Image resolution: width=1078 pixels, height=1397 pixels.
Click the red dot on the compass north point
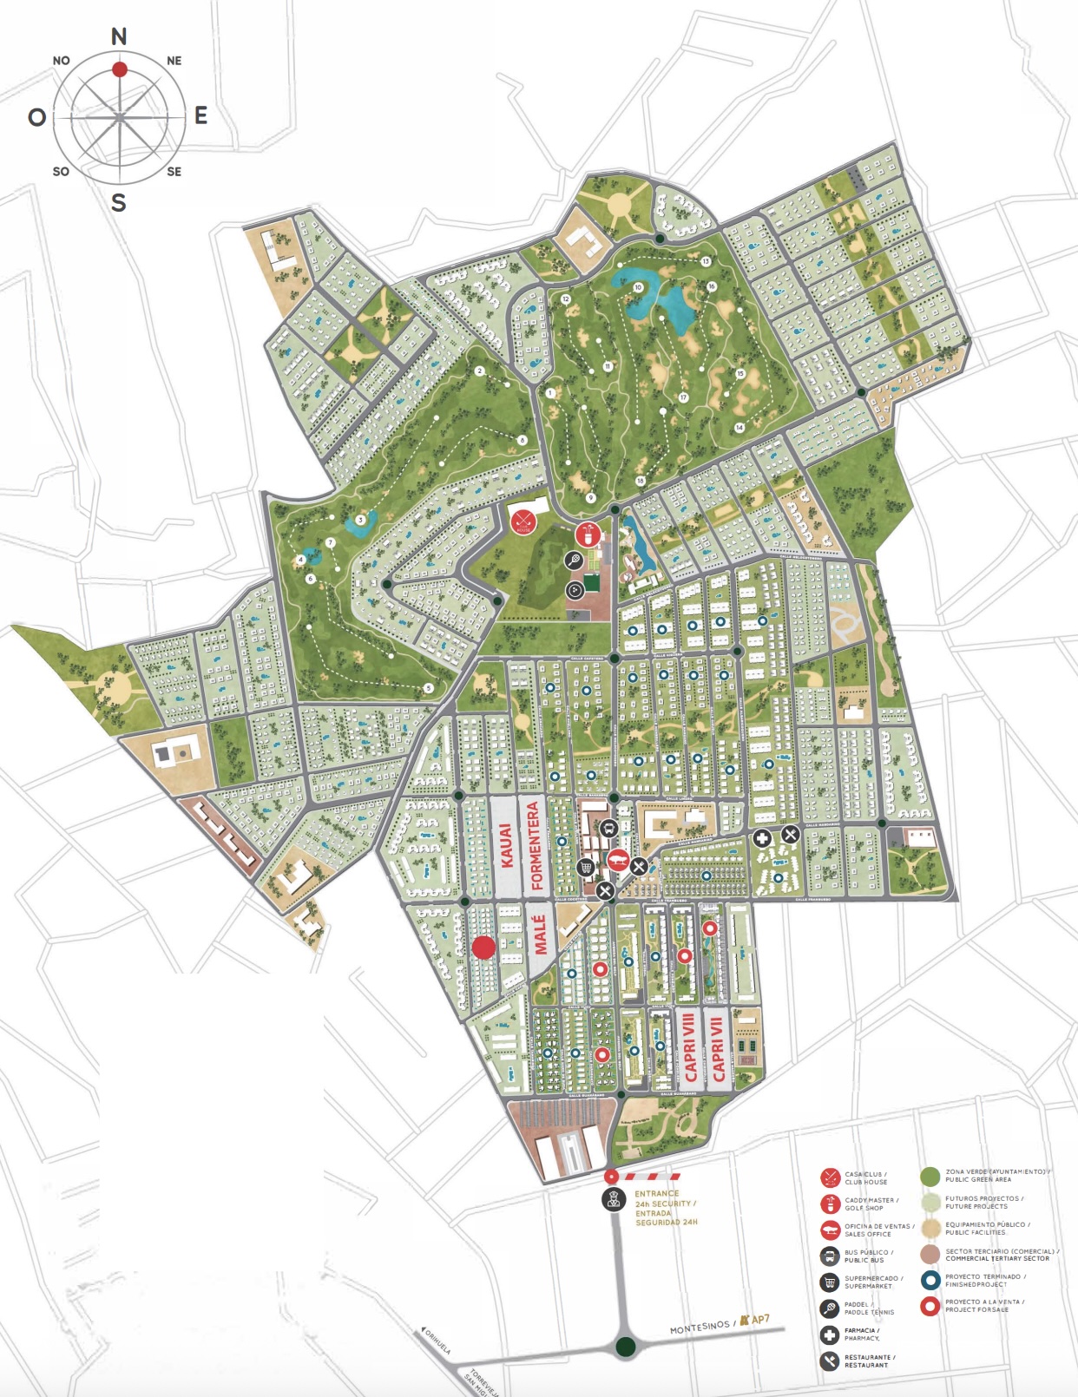(x=120, y=69)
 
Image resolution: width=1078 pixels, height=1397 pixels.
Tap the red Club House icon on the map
(x=523, y=521)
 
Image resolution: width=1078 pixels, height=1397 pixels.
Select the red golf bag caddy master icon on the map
(x=588, y=534)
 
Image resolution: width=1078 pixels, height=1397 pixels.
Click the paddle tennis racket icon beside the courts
(x=574, y=561)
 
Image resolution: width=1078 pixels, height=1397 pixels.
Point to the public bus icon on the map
(x=609, y=829)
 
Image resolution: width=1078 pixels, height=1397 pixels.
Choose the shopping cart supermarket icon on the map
(x=586, y=866)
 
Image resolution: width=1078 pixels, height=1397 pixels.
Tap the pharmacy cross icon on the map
(x=762, y=837)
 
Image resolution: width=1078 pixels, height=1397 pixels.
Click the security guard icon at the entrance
(x=615, y=1200)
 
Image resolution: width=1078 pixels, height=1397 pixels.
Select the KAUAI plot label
(x=506, y=846)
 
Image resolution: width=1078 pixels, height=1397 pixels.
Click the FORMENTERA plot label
(x=535, y=846)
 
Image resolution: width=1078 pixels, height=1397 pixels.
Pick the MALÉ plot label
(x=540, y=935)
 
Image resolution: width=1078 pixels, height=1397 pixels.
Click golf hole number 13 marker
(x=706, y=261)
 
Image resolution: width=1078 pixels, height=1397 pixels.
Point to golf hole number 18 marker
(x=641, y=481)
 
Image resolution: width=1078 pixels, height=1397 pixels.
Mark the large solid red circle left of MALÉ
(x=483, y=948)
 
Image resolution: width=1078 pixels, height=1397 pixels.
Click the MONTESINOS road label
(x=700, y=1326)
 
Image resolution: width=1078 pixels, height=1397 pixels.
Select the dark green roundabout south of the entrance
(x=626, y=1348)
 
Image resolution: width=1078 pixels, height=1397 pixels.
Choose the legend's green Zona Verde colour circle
(x=930, y=1177)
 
